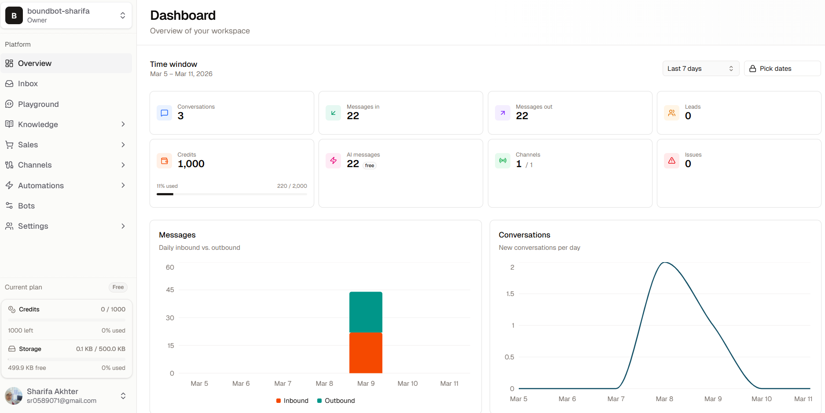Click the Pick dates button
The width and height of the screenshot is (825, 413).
pyautogui.click(x=782, y=69)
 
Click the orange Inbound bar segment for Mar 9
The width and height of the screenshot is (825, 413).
pyautogui.click(x=366, y=353)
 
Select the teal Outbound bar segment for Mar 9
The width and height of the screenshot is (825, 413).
pyautogui.click(x=366, y=312)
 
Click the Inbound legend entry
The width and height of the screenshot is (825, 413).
pyautogui.click(x=292, y=401)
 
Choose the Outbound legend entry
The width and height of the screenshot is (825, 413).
pyautogui.click(x=336, y=401)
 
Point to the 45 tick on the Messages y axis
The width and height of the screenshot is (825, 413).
pyautogui.click(x=170, y=290)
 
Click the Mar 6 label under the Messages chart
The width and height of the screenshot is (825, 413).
pyautogui.click(x=241, y=384)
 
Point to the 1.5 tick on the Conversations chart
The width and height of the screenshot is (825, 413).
pyautogui.click(x=510, y=294)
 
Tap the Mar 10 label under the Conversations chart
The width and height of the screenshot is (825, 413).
pyautogui.click(x=762, y=399)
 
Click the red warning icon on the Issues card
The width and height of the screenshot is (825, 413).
pyautogui.click(x=671, y=161)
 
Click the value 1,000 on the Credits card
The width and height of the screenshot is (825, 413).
pyautogui.click(x=191, y=164)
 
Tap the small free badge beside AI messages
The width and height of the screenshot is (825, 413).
pyautogui.click(x=370, y=165)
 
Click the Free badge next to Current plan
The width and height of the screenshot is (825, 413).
pyautogui.click(x=118, y=287)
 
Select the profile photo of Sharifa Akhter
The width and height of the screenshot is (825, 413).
pyautogui.click(x=14, y=396)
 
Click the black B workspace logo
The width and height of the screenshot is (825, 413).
pyautogui.click(x=14, y=15)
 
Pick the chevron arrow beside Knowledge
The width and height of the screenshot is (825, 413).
pyautogui.click(x=123, y=124)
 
